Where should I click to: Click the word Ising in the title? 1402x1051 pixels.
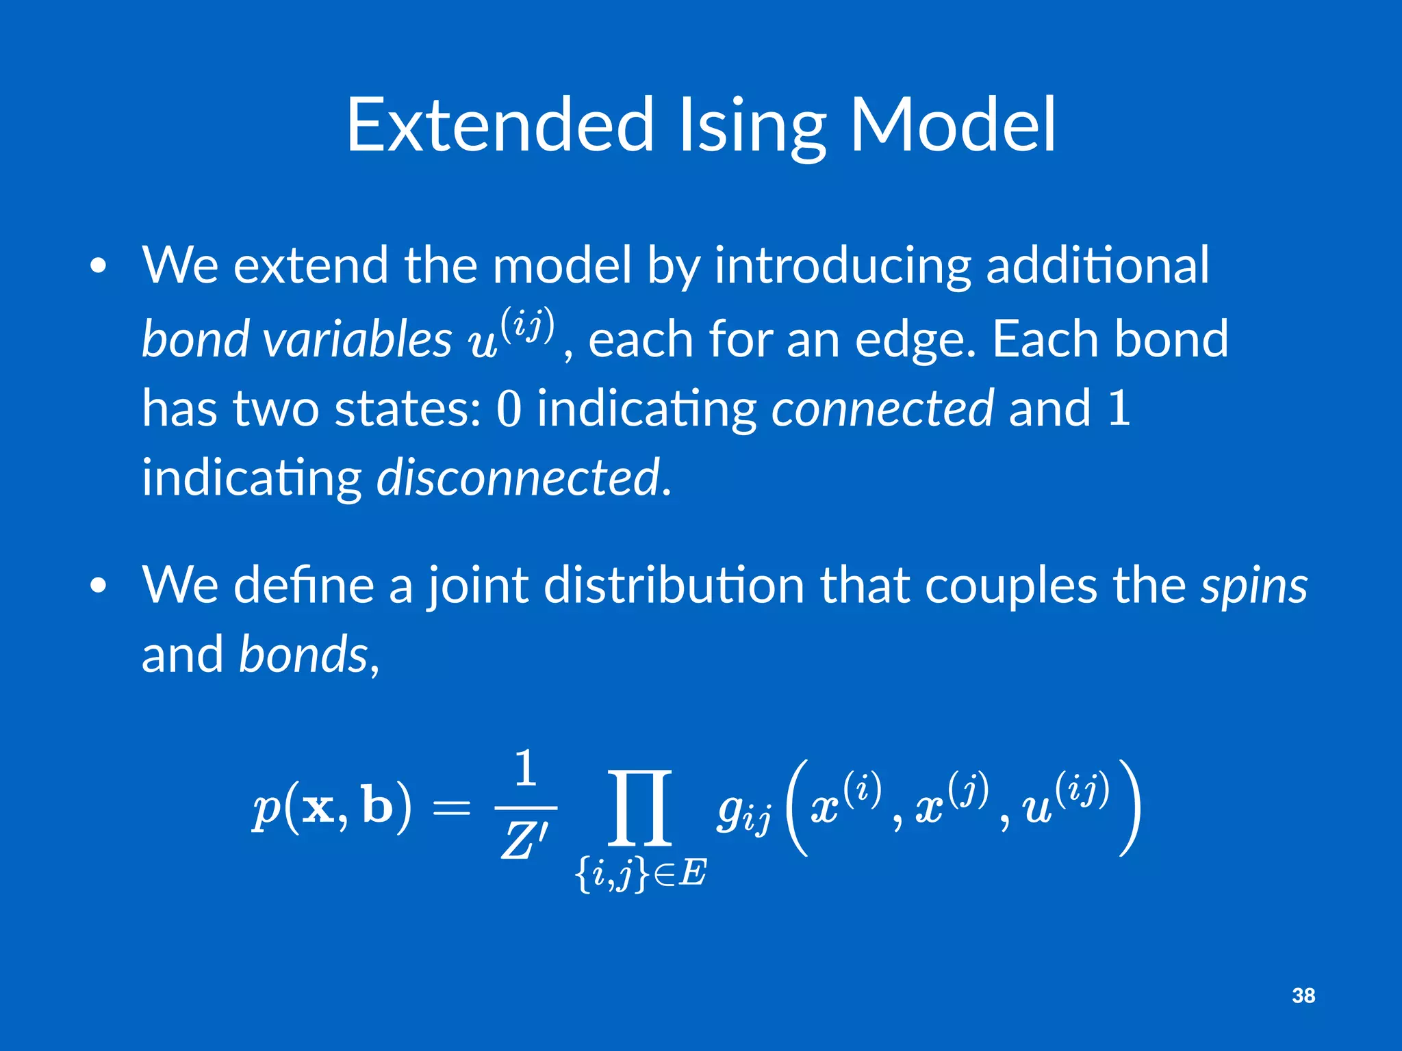coord(752,127)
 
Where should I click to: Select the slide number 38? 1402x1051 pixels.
coord(1303,996)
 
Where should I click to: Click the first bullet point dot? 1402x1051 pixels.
coord(99,266)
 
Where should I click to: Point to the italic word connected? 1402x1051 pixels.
coord(882,408)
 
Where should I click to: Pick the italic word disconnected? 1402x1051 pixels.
coord(518,477)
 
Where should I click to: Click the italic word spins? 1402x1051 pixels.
coord(1253,586)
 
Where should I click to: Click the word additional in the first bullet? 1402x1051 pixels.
coord(1097,265)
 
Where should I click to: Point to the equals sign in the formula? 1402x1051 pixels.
coord(451,809)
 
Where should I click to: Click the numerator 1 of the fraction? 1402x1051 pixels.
coord(525,768)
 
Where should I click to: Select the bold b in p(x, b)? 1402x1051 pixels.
coord(377,805)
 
